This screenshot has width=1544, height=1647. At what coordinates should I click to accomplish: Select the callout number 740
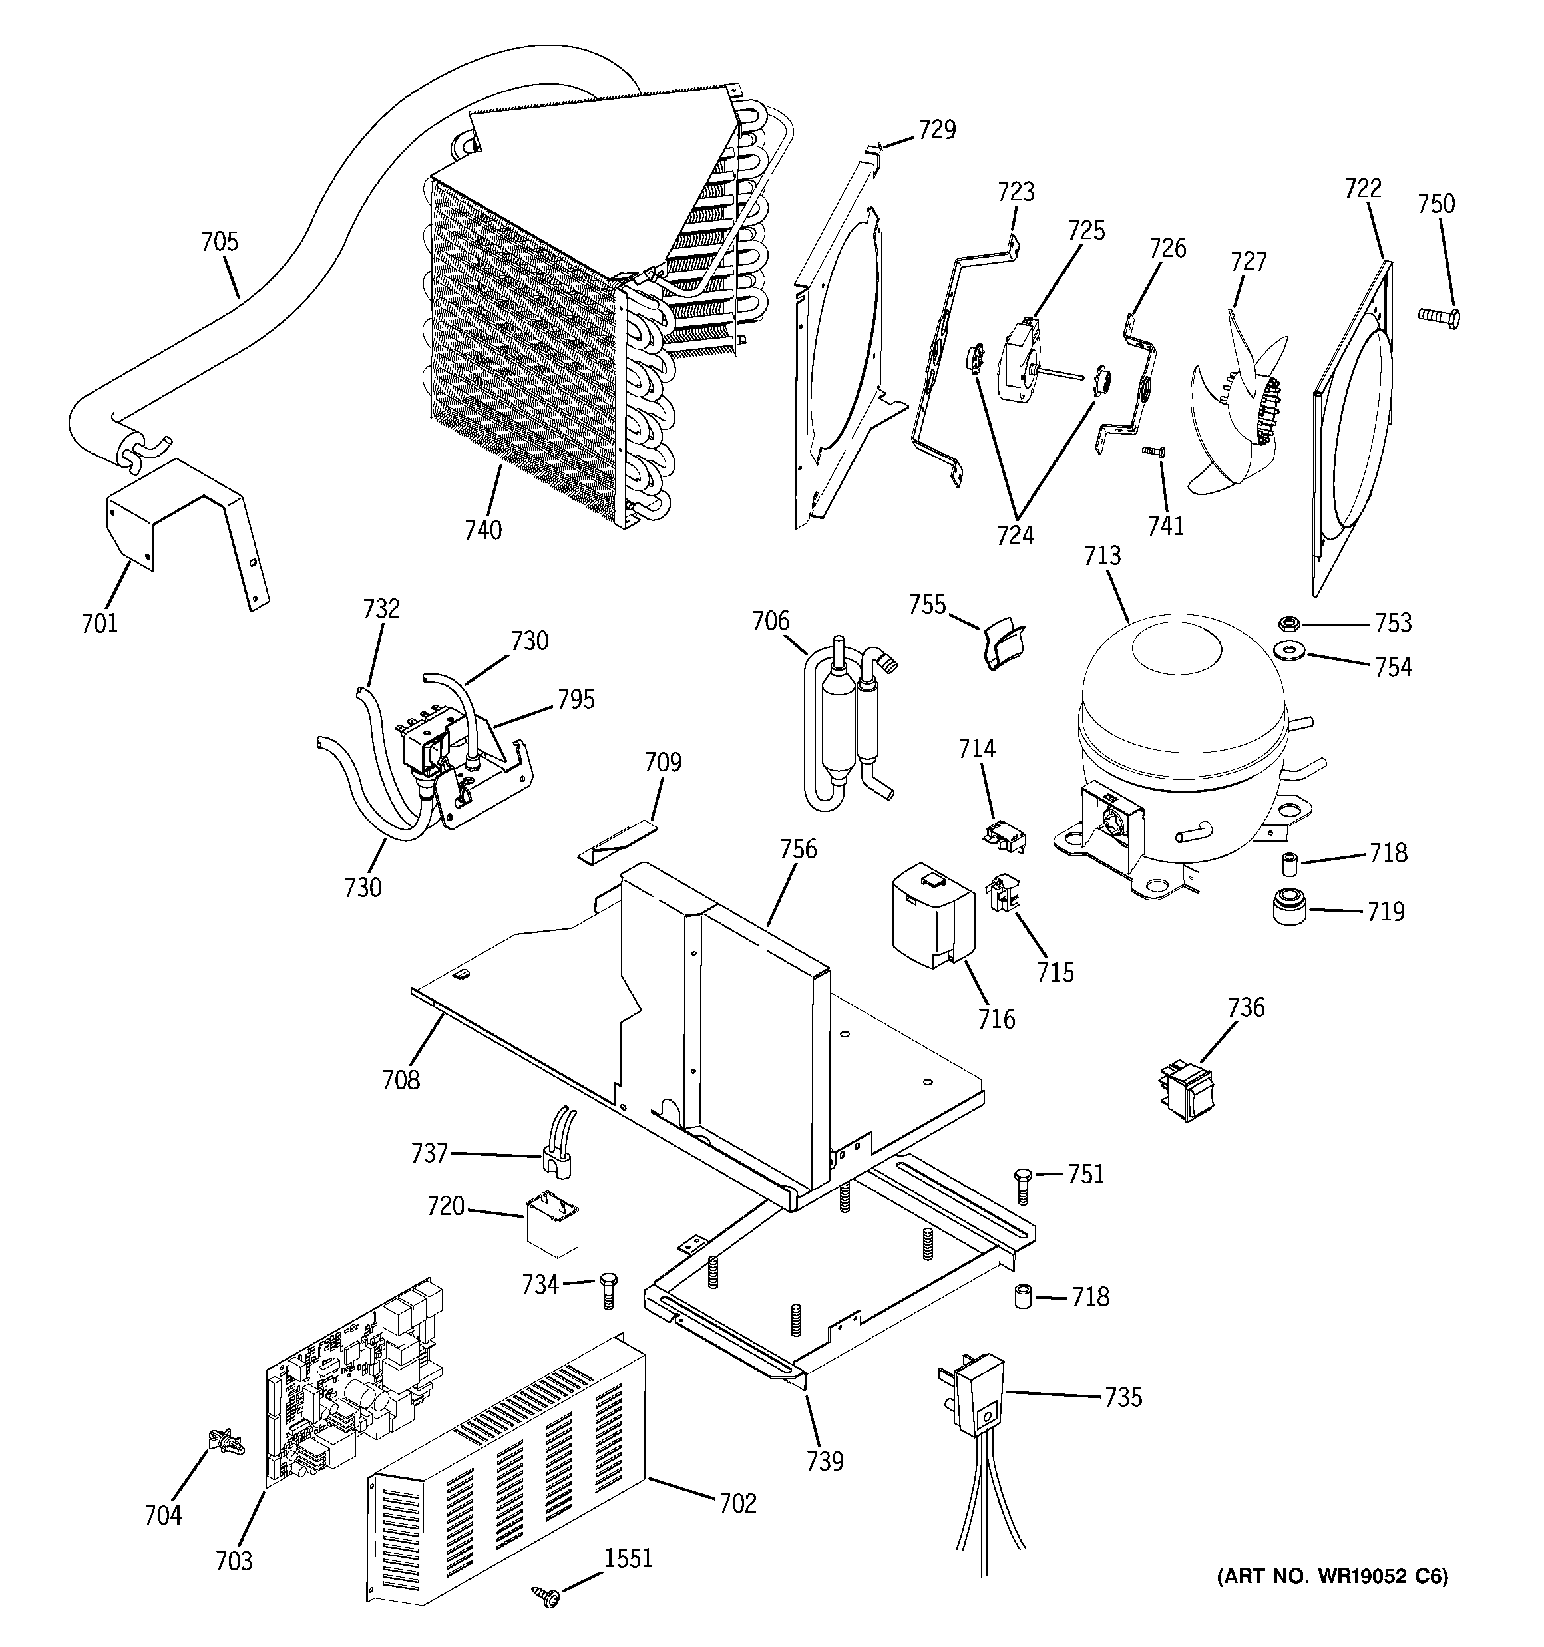(x=483, y=530)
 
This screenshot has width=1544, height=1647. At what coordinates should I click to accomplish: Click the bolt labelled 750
(x=1440, y=315)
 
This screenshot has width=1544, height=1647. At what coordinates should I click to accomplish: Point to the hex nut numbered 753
(x=1288, y=622)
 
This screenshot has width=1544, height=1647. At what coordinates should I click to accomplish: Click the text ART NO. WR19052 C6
(x=1332, y=1599)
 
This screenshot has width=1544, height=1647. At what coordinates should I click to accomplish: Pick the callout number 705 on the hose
(x=220, y=242)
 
